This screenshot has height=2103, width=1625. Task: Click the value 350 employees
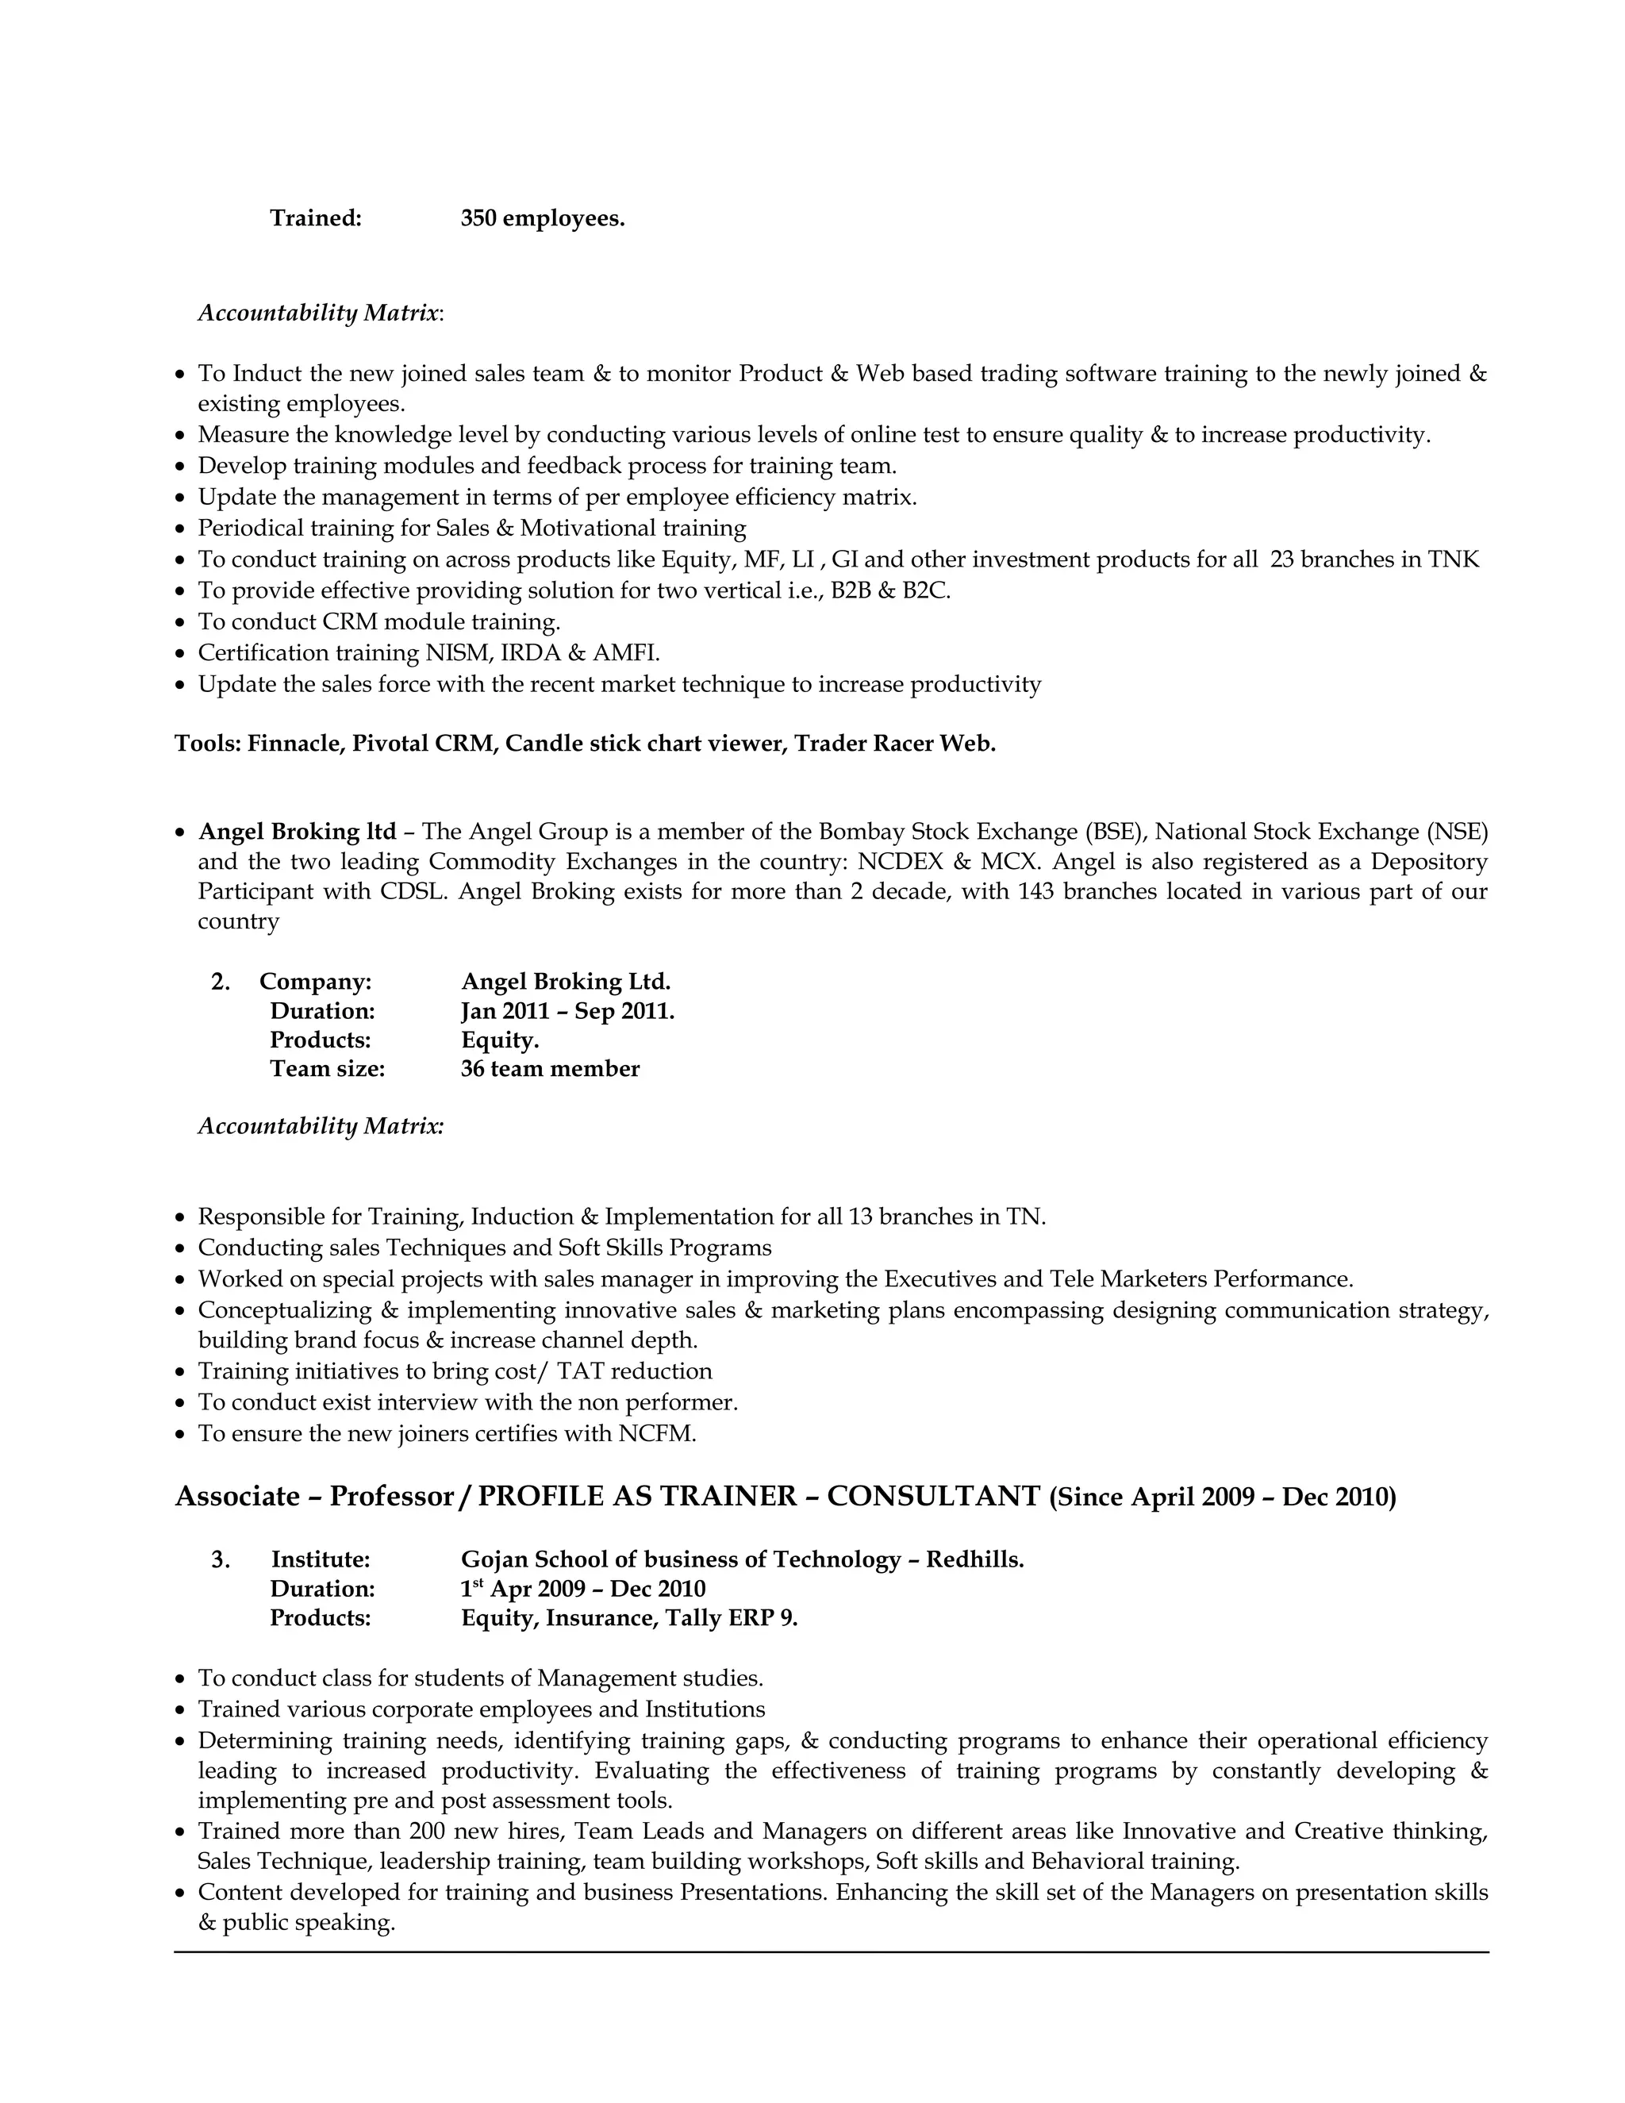point(542,218)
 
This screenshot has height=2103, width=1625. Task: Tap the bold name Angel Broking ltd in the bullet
point(297,831)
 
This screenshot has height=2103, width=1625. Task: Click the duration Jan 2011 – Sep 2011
point(567,1011)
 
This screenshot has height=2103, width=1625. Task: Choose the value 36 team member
point(550,1069)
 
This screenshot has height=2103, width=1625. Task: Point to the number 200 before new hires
point(426,1831)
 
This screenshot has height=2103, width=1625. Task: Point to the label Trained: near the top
point(316,218)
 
